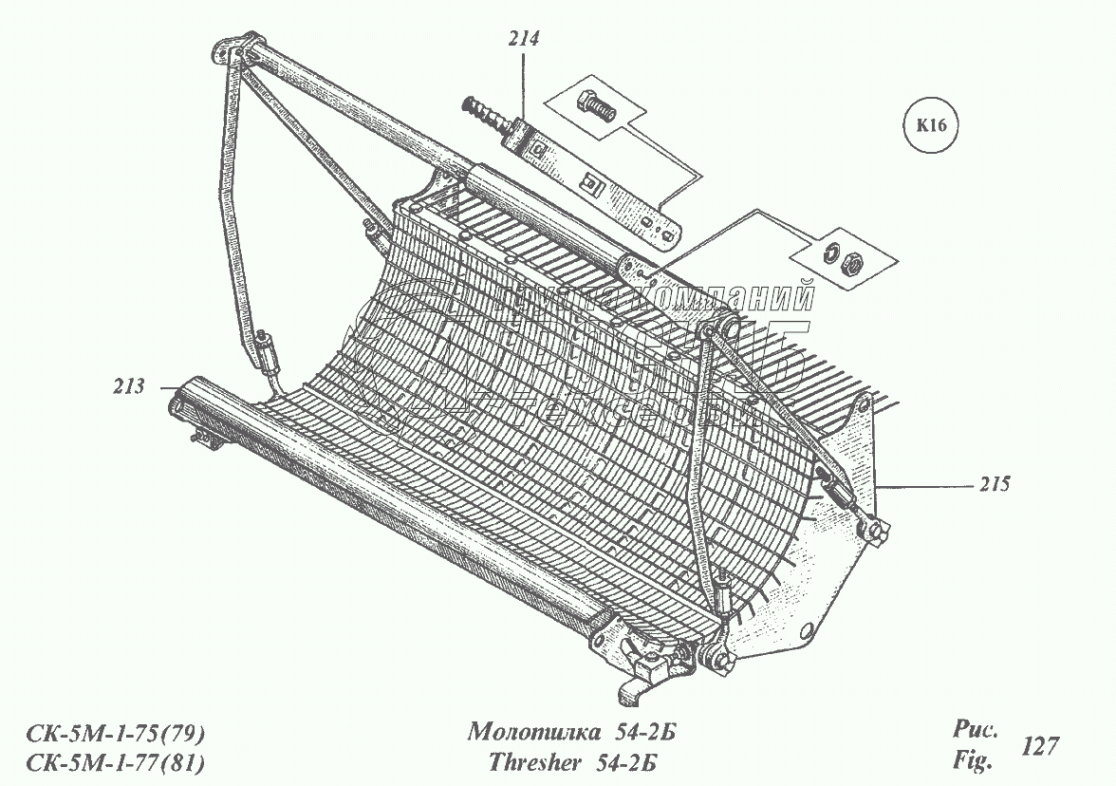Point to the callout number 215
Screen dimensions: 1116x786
pyautogui.click(x=993, y=484)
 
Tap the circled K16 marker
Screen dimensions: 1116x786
pyautogui.click(x=933, y=124)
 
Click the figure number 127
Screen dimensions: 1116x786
pyautogui.click(x=1040, y=746)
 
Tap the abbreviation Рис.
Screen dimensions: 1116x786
pyautogui.click(x=974, y=731)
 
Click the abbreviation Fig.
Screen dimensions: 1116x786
pyautogui.click(x=973, y=760)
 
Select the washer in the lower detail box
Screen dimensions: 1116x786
pyautogui.click(x=828, y=252)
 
